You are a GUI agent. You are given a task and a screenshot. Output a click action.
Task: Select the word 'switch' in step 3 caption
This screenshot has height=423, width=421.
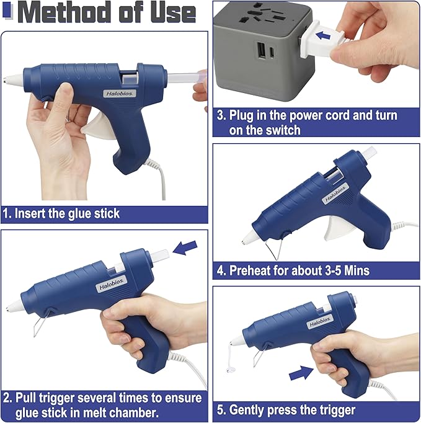281,130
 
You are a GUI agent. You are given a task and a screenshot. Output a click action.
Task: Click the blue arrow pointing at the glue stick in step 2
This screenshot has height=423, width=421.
186,249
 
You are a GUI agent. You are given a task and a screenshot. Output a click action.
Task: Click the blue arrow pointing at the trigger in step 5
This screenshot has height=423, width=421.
301,373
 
